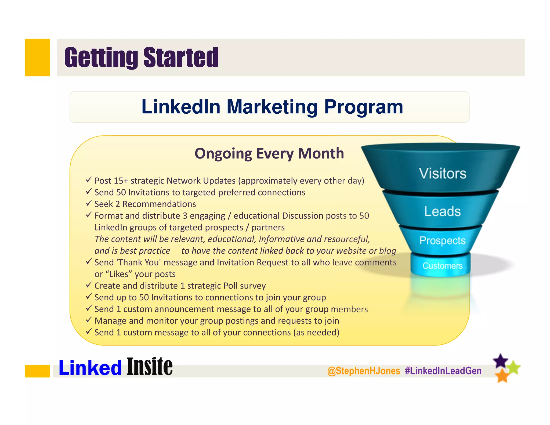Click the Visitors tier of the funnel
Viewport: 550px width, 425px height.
(442, 173)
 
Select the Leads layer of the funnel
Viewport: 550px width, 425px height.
(442, 211)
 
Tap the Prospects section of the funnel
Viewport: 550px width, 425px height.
(442, 240)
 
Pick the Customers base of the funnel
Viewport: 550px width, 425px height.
(442, 266)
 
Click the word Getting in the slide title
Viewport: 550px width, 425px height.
(101, 57)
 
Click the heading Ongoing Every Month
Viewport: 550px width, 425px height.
(269, 154)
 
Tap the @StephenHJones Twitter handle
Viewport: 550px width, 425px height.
(364, 371)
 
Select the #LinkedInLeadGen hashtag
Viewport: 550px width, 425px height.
(443, 371)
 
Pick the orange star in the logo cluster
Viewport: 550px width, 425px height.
(502, 376)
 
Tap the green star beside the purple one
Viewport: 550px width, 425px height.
(514, 368)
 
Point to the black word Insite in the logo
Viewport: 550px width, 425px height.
(150, 367)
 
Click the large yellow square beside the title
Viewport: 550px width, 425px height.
(37, 57)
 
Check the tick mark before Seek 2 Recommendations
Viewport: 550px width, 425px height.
(89, 203)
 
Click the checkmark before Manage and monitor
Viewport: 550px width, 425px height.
(89, 320)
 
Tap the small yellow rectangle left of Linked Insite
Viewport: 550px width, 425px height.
(37, 371)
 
